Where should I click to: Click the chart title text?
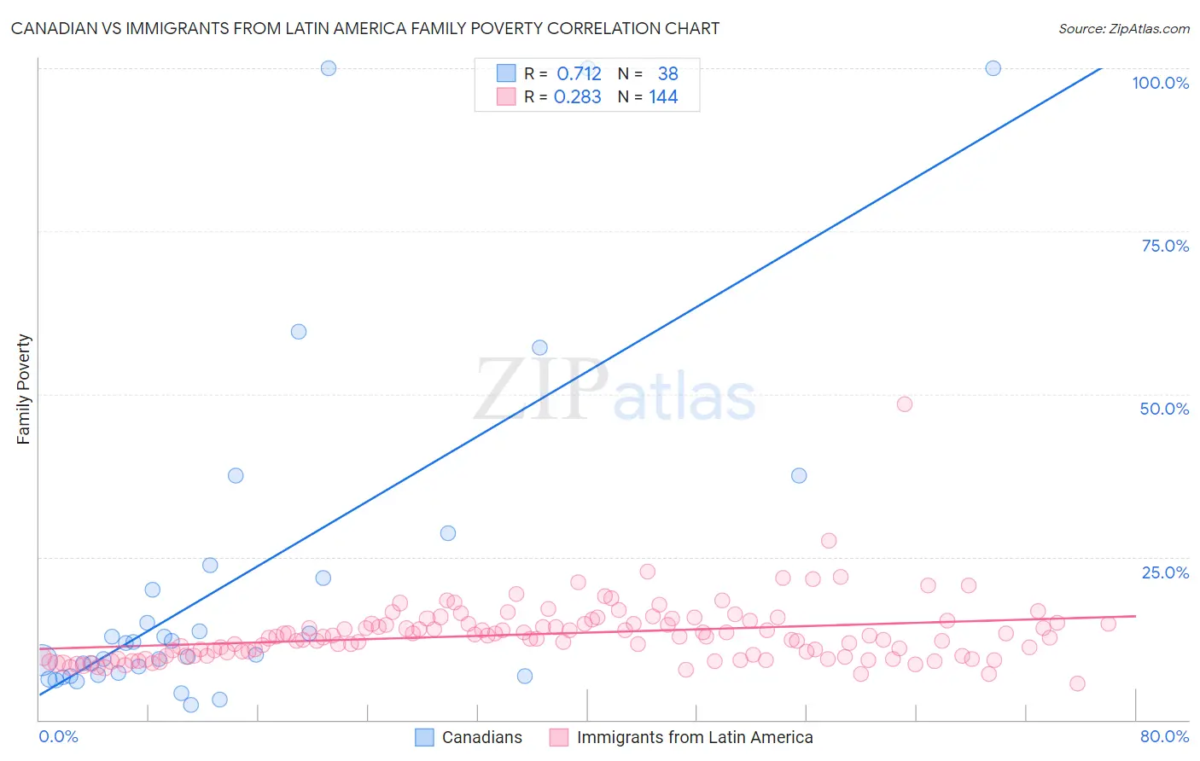pyautogui.click(x=364, y=28)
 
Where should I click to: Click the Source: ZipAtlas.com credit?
pyautogui.click(x=1123, y=28)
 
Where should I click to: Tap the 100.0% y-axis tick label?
pyautogui.click(x=1160, y=83)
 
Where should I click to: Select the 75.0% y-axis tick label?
pyautogui.click(x=1165, y=246)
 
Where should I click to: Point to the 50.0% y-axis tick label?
pyautogui.click(x=1164, y=409)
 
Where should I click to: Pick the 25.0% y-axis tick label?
pyautogui.click(x=1165, y=572)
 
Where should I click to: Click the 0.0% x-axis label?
pyautogui.click(x=58, y=736)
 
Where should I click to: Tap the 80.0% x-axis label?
pyautogui.click(x=1164, y=736)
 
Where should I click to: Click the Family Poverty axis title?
pyautogui.click(x=24, y=389)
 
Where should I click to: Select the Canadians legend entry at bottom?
pyautogui.click(x=469, y=737)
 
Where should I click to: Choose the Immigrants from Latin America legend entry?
pyautogui.click(x=681, y=737)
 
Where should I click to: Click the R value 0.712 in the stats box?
pyautogui.click(x=579, y=74)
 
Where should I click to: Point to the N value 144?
pyautogui.click(x=663, y=97)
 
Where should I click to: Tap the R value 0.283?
pyautogui.click(x=578, y=97)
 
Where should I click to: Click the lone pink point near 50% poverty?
pyautogui.click(x=905, y=404)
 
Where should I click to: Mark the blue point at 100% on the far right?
pyautogui.click(x=993, y=68)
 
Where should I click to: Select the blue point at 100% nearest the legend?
pyautogui.click(x=329, y=68)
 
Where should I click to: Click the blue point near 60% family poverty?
pyautogui.click(x=299, y=332)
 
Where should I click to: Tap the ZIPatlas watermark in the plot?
pyautogui.click(x=615, y=391)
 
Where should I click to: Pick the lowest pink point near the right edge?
pyautogui.click(x=1077, y=683)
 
